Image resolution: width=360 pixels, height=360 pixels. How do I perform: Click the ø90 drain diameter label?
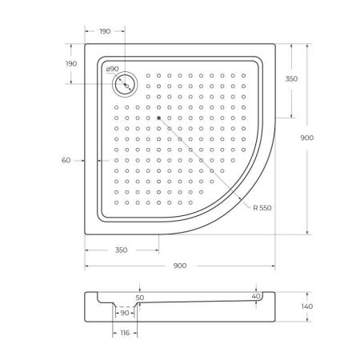coord(113,70)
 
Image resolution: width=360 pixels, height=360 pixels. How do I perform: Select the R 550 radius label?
coord(262,208)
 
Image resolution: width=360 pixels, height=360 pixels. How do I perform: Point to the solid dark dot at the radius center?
coord(159,118)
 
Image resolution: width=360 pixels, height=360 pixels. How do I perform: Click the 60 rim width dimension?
coord(66,161)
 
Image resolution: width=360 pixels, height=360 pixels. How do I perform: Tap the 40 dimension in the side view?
coord(255,296)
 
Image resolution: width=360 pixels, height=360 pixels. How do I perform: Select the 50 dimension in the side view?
coord(140,297)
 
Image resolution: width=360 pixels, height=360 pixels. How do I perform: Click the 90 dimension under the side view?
coord(125,313)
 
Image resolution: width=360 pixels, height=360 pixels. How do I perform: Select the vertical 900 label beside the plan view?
coord(328,138)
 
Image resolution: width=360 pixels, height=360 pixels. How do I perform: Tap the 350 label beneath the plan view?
coord(121,250)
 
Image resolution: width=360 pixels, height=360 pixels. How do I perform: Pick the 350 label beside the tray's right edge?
coord(291,78)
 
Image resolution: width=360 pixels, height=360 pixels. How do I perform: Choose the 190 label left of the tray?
coord(70,63)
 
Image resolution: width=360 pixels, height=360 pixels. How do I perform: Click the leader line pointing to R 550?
coord(208,163)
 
